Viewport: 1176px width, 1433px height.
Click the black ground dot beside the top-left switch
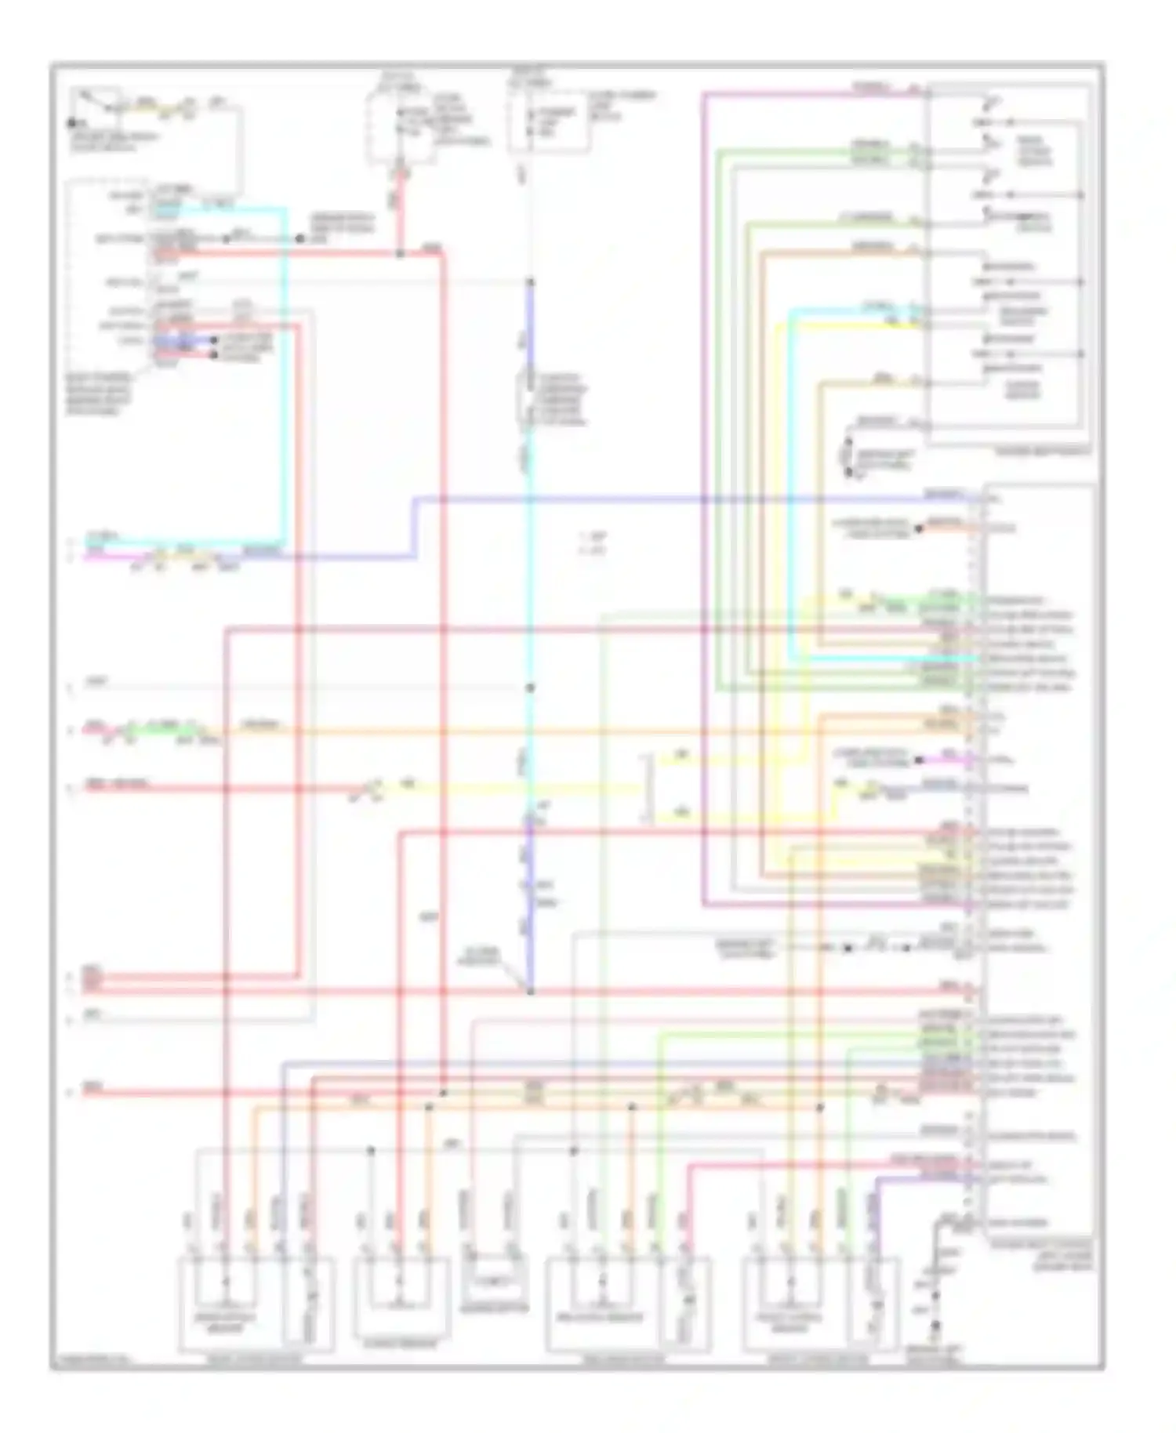tap(71, 123)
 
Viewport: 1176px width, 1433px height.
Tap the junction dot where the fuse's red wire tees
tap(400, 253)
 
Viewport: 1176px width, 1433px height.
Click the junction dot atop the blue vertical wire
tap(530, 282)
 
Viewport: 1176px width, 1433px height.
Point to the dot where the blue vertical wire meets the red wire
tap(530, 992)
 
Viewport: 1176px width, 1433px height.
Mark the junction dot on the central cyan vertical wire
tap(530, 687)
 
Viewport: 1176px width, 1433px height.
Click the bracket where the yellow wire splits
tap(646, 789)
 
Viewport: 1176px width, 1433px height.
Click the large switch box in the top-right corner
tap(1007, 264)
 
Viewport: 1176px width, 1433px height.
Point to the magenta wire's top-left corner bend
tap(704, 95)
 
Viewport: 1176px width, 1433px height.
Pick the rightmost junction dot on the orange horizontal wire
tap(820, 1108)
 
